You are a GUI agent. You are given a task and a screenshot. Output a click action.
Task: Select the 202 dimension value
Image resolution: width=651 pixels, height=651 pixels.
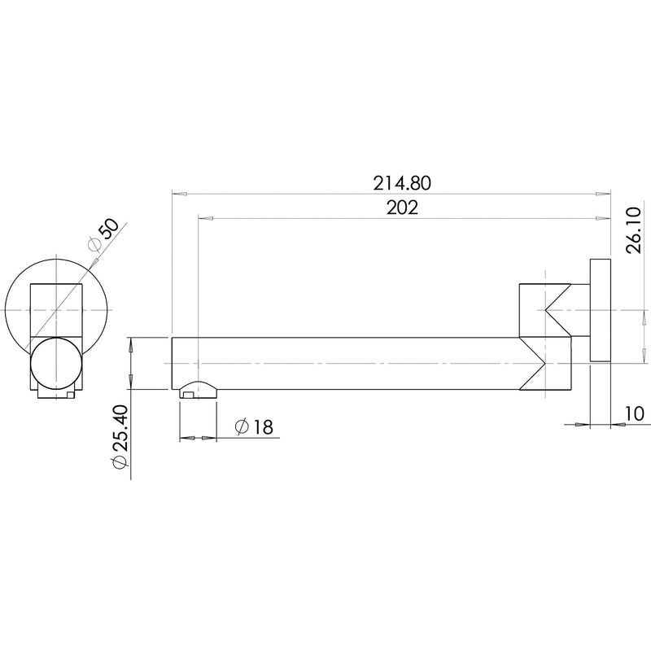402,208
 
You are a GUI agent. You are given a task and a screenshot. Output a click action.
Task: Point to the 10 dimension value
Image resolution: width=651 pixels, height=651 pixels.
634,414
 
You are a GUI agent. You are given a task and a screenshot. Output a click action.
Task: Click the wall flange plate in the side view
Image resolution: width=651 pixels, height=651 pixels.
600,310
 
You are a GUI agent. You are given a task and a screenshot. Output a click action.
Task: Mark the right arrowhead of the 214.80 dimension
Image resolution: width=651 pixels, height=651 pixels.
602,194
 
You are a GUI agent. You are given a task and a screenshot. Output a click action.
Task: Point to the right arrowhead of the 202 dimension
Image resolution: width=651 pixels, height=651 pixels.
602,218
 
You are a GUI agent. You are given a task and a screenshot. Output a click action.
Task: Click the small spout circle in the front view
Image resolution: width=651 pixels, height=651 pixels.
56,363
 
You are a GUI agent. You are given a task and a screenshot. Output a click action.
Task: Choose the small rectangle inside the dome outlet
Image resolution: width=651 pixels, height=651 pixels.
188,395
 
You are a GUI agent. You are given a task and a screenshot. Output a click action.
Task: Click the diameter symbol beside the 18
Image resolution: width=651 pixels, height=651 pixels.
241,426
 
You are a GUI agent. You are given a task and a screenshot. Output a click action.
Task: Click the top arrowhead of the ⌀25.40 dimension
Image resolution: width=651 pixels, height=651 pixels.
130,345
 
